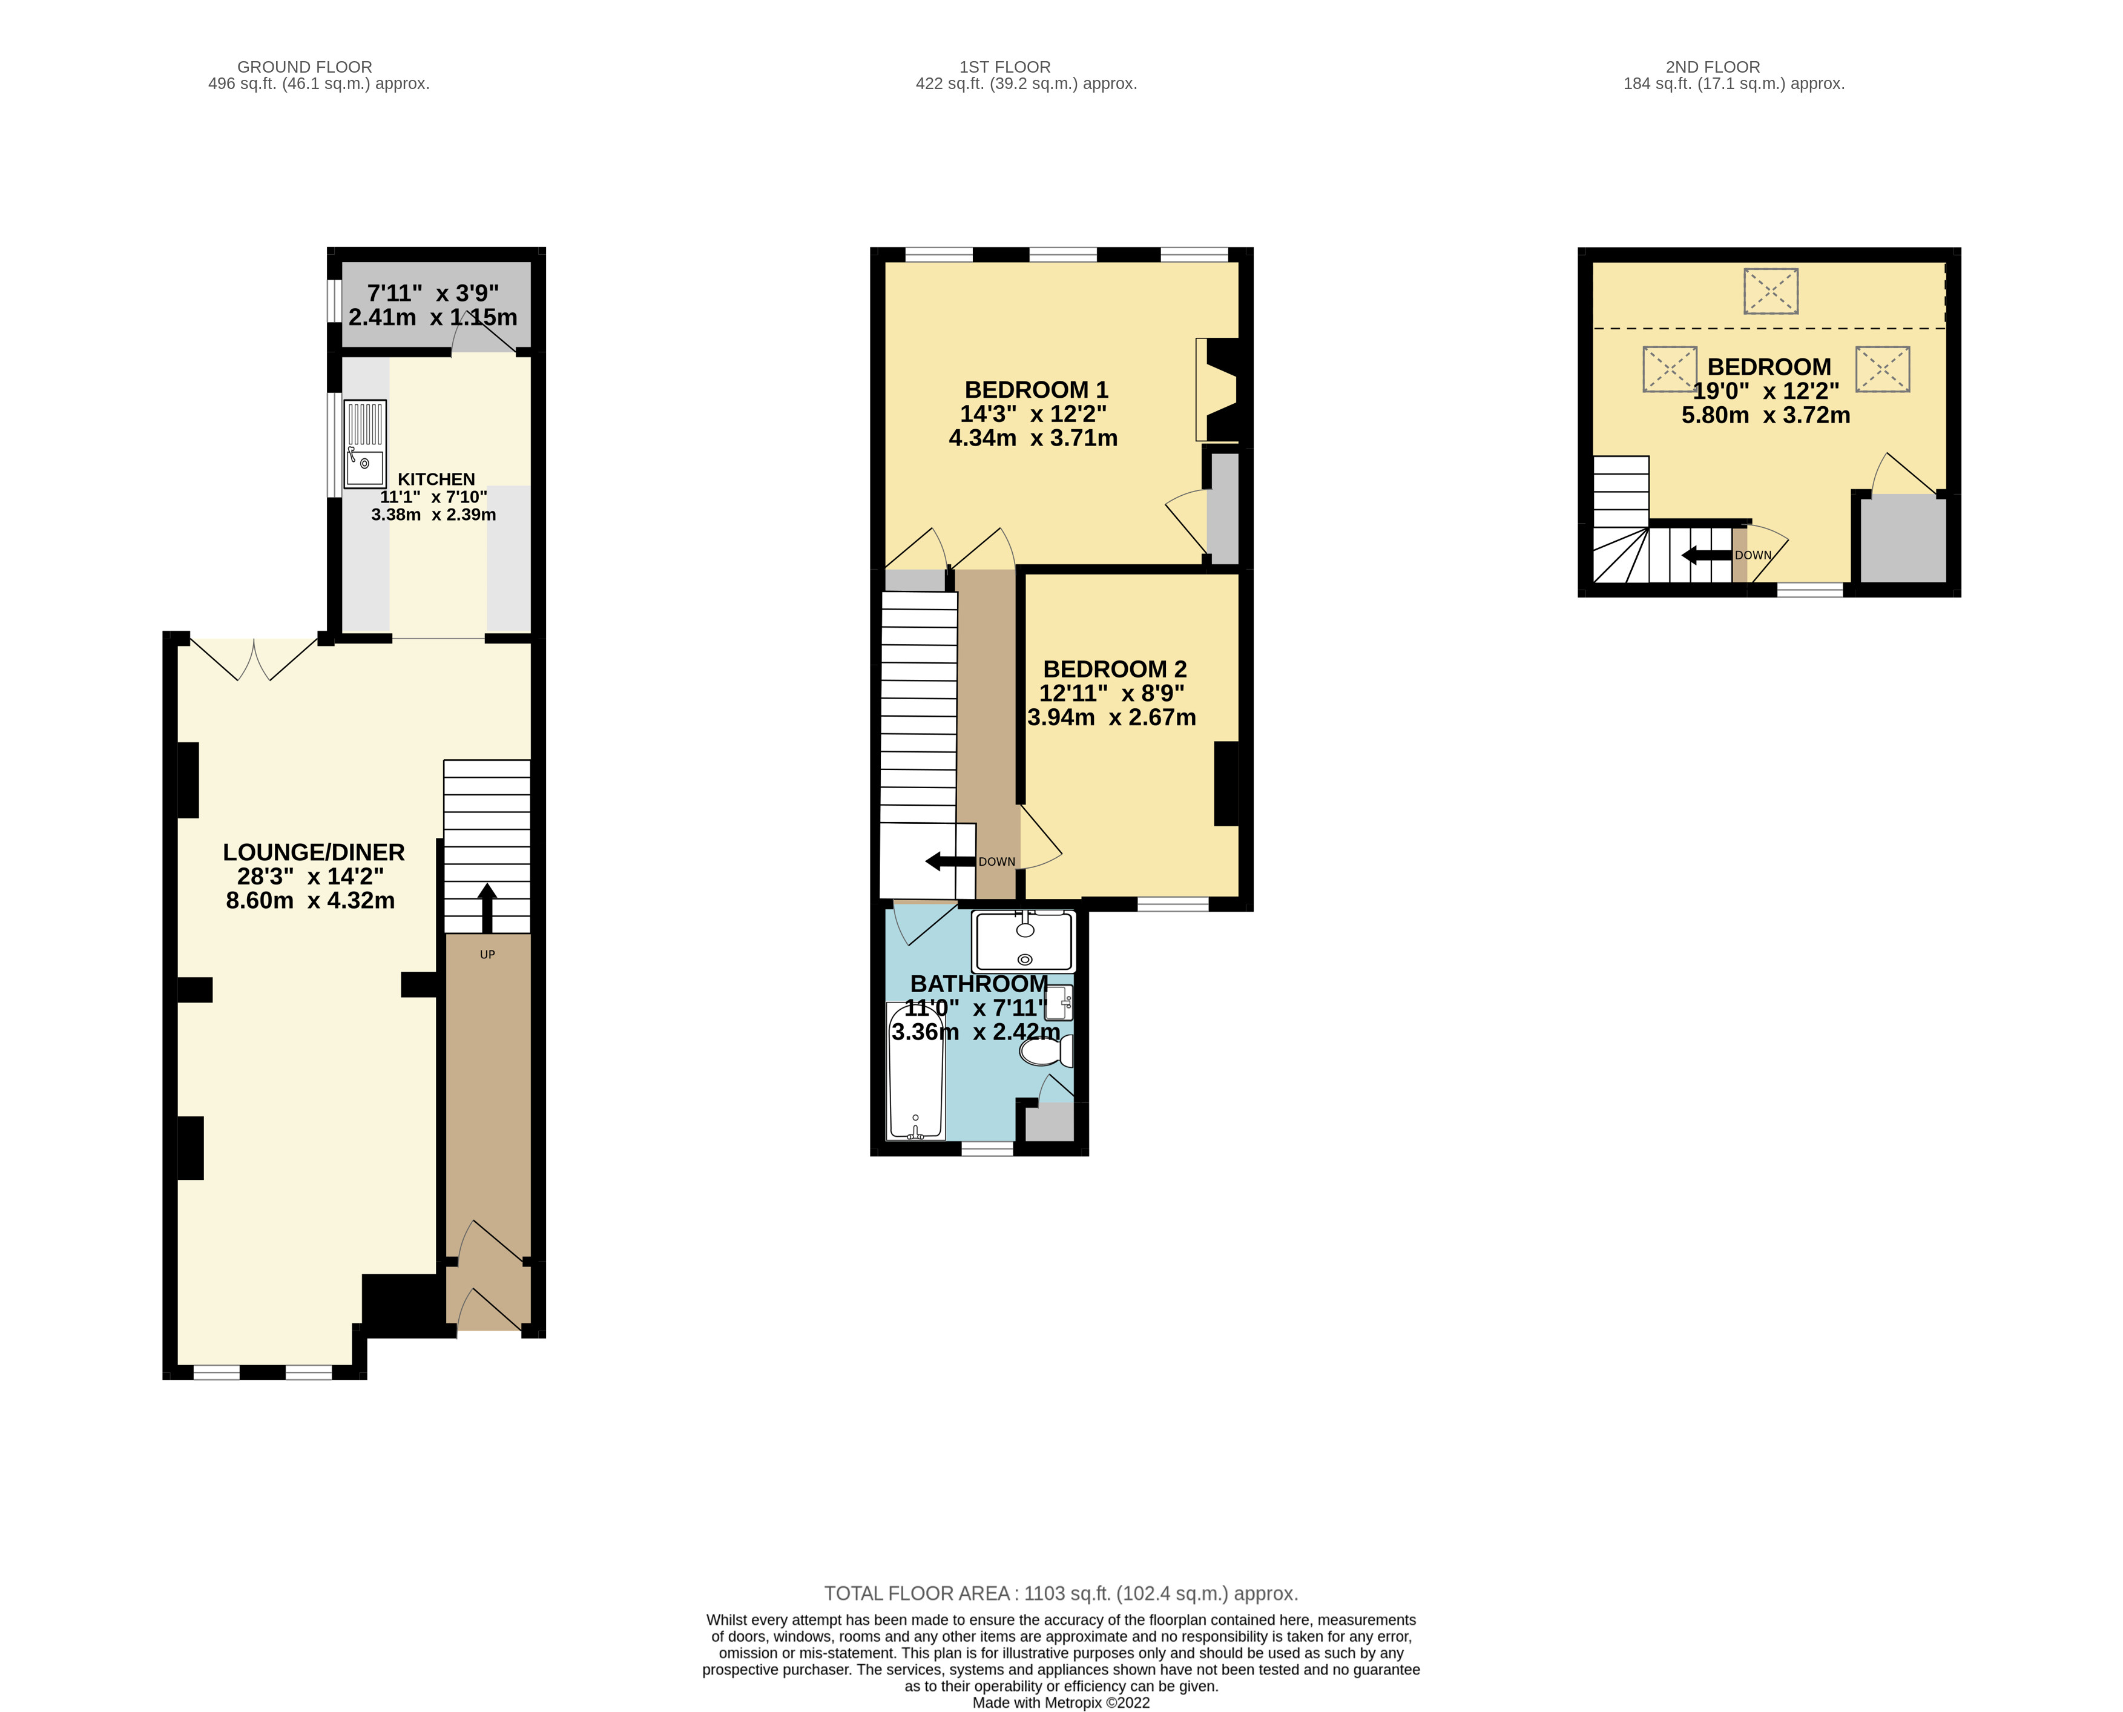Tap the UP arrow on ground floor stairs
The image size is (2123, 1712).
487,908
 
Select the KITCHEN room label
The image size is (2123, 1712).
436,479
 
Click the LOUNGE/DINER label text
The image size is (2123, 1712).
314,852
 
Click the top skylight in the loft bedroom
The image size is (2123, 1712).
1770,292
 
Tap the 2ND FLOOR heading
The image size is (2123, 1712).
1712,67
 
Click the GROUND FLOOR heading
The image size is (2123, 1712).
304,67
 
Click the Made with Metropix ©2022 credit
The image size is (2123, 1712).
1060,1702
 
